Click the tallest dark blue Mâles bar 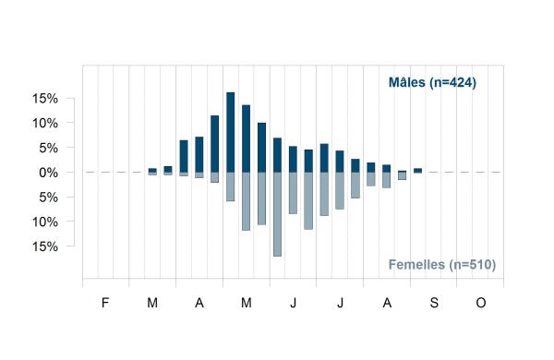pos(230,132)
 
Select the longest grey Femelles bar pos(277,214)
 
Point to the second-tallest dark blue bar pos(246,138)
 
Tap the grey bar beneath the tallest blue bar pos(230,186)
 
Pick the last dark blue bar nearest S pos(417,170)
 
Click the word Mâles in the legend pos(407,82)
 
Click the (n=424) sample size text pos(453,83)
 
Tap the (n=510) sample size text pos(473,265)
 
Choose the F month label pos(105,303)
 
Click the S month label pos(434,303)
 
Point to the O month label pos(481,303)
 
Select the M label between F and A pos(152,303)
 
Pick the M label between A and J pos(247,303)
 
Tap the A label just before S pos(387,303)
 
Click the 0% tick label pos(48,173)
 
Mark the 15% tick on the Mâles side pos(45,99)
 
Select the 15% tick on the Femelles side pos(45,246)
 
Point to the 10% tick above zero pos(45,124)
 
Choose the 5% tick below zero pos(48,198)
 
